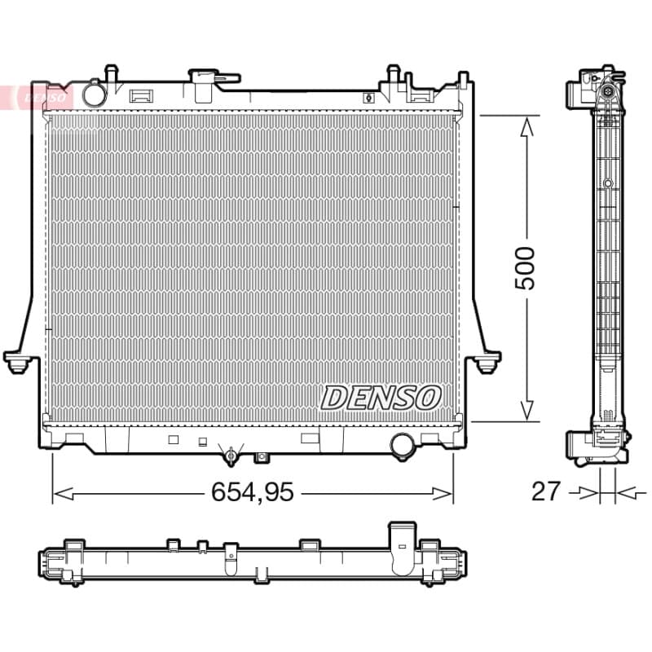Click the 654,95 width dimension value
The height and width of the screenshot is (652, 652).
(x=253, y=492)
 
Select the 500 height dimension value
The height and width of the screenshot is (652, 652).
(x=525, y=268)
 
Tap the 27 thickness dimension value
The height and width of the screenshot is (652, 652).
(x=546, y=491)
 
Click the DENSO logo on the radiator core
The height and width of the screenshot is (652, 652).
(x=381, y=398)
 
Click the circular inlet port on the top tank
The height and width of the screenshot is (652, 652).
(x=95, y=95)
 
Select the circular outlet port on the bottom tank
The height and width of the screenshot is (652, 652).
(x=402, y=445)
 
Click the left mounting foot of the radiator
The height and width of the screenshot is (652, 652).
(x=18, y=361)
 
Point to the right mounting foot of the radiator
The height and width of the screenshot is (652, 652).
(x=486, y=361)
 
